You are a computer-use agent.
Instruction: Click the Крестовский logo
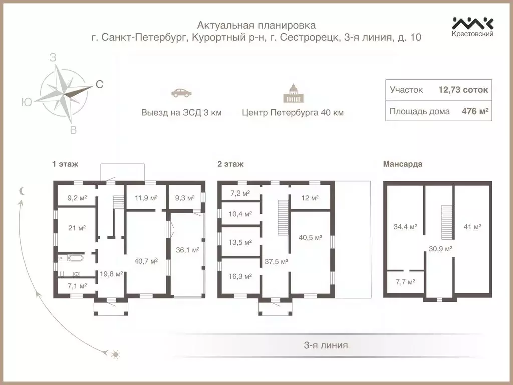(473, 26)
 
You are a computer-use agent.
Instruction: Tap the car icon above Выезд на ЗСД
(181, 92)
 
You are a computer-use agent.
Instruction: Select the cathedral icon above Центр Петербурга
(293, 93)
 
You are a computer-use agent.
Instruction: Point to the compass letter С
(99, 85)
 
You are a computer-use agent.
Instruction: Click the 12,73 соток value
(463, 90)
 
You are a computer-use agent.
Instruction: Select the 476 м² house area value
(475, 111)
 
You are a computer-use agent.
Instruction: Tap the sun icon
(116, 355)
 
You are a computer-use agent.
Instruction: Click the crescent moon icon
(22, 190)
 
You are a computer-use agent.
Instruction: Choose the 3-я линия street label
(326, 345)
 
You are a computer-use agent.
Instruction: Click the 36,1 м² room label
(188, 249)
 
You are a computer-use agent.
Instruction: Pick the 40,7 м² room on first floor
(146, 261)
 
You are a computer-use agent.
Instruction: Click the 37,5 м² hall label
(276, 261)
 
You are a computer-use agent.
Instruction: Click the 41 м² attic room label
(472, 227)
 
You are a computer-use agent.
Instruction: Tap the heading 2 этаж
(230, 164)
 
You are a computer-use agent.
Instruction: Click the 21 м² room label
(77, 227)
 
